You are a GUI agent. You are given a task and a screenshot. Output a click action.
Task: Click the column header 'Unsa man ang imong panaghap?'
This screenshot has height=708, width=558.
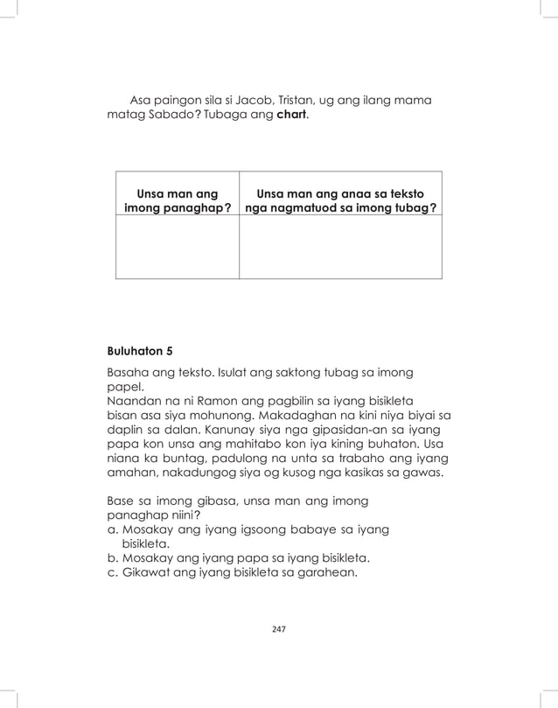pos(172,200)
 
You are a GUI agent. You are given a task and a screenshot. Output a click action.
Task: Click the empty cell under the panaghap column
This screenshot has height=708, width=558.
pos(177,247)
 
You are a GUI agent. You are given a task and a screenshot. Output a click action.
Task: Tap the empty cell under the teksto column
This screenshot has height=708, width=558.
pos(340,247)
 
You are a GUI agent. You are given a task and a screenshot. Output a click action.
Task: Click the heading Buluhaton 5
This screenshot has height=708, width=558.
pos(139,351)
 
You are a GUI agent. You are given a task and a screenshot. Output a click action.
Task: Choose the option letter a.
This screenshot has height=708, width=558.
pos(111,529)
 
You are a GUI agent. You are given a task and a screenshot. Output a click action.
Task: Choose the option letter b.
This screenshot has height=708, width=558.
pos(111,557)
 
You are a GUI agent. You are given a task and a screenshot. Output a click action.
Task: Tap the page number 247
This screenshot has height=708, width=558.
pos(279,629)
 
